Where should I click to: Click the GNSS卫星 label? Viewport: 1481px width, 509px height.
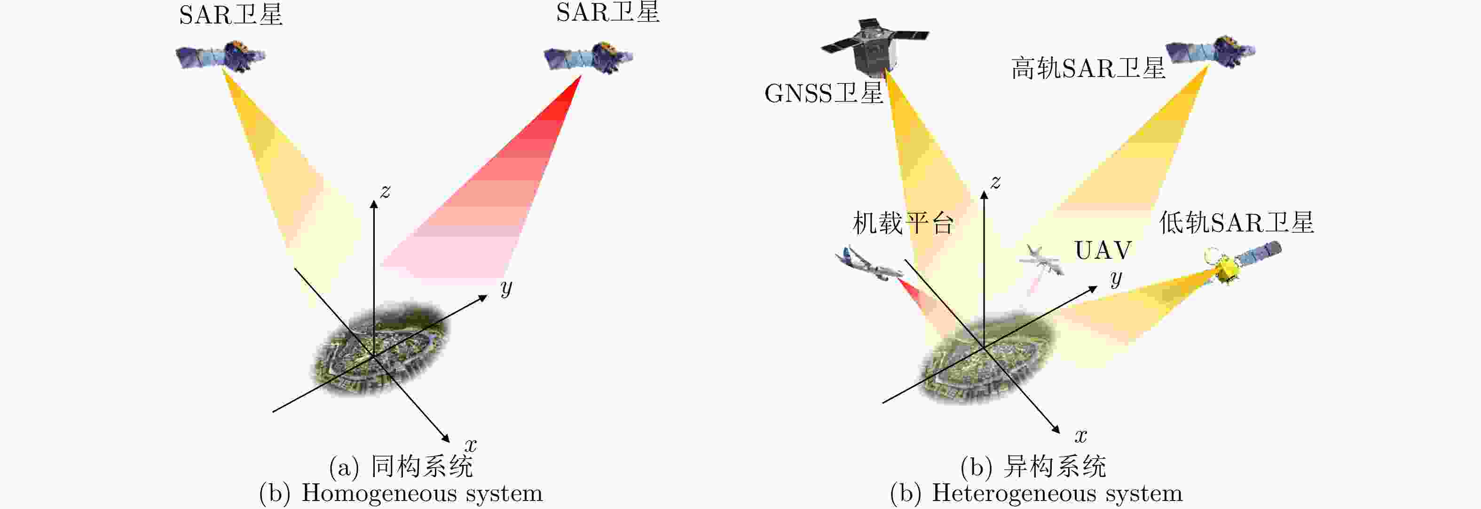pyautogui.click(x=823, y=93)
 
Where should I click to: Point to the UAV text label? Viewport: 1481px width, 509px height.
pyautogui.click(x=1103, y=250)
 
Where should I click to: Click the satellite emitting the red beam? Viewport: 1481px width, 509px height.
pyautogui.click(x=588, y=57)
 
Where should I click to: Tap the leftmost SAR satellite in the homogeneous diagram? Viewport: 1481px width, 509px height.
pyautogui.click(x=220, y=56)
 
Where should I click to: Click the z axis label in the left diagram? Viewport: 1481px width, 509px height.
pyautogui.click(x=385, y=191)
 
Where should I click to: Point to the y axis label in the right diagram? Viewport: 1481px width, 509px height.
pyautogui.click(x=1116, y=278)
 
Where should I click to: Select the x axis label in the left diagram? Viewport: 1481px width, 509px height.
pyautogui.click(x=471, y=445)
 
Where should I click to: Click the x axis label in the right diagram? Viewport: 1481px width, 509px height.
pyautogui.click(x=1081, y=435)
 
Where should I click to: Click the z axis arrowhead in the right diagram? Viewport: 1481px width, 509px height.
pyautogui.click(x=984, y=196)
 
